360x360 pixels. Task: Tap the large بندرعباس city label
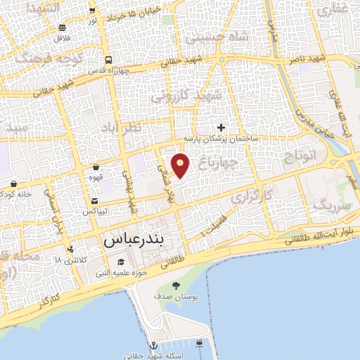(143, 240)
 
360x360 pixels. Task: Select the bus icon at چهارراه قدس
(108, 60)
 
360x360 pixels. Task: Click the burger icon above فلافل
(63, 28)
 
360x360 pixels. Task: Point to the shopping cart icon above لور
(92, 11)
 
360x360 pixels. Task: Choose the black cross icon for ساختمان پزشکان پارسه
(221, 127)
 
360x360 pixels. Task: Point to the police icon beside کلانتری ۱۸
(70, 250)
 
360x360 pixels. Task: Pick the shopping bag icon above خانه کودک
(13, 184)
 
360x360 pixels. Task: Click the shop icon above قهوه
(96, 167)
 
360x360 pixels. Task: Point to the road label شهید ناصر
(309, 60)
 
